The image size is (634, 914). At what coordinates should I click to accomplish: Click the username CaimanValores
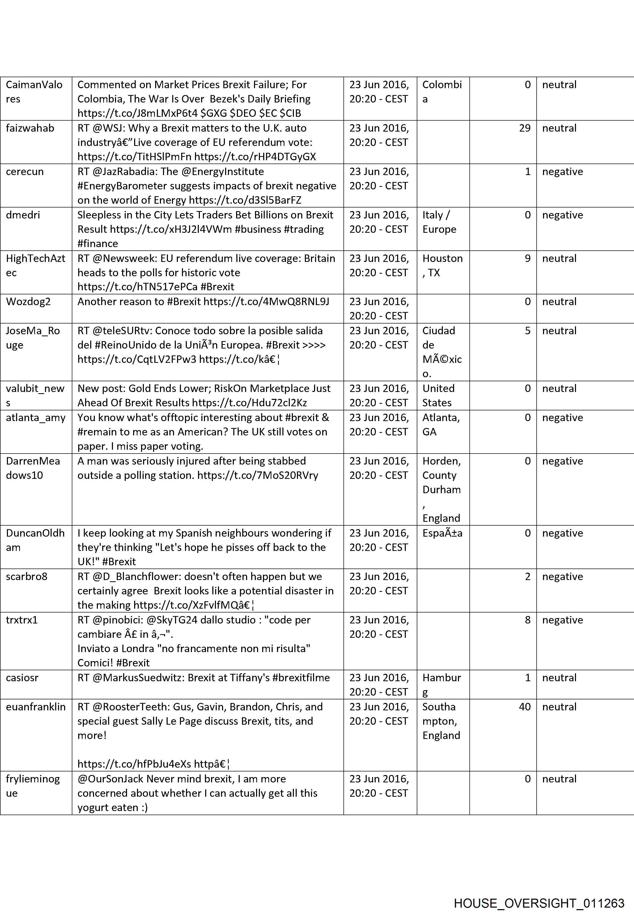(34, 92)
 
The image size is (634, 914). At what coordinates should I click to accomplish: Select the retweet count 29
(524, 128)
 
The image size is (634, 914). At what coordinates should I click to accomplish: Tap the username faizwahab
(30, 128)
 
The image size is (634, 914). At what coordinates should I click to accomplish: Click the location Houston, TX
(442, 265)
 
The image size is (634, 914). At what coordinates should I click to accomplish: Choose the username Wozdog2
(28, 302)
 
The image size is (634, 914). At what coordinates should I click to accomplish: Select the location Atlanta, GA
(441, 425)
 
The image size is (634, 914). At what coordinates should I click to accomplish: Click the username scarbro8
(27, 576)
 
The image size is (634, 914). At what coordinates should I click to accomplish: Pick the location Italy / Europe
(439, 222)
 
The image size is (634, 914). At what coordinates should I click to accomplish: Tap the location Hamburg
(441, 685)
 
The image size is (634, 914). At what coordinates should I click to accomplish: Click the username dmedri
(23, 215)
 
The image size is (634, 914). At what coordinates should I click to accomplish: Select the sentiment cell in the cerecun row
(562, 172)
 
